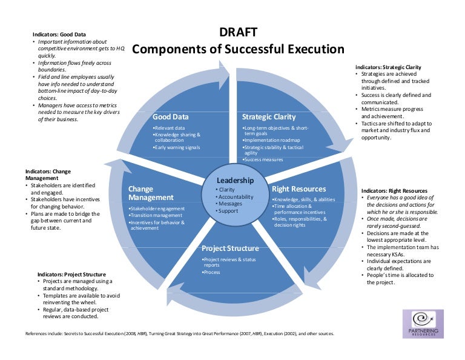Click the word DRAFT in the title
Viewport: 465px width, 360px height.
click(237, 33)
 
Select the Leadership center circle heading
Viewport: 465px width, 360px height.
click(236, 181)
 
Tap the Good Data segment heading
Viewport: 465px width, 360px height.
click(171, 117)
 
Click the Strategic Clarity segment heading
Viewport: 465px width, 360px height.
click(269, 117)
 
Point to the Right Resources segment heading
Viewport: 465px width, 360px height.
click(298, 188)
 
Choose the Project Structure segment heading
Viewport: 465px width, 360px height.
click(230, 248)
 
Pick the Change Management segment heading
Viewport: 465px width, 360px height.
click(151, 193)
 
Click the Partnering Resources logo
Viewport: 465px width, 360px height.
click(423, 325)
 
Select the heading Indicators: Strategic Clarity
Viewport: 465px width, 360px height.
click(388, 67)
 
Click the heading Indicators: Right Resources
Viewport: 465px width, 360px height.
click(394, 191)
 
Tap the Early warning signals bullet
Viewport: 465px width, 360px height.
click(176, 147)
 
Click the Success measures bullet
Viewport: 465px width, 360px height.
click(263, 160)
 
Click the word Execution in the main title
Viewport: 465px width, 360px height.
click(308, 50)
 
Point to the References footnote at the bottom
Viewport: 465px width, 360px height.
click(179, 334)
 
